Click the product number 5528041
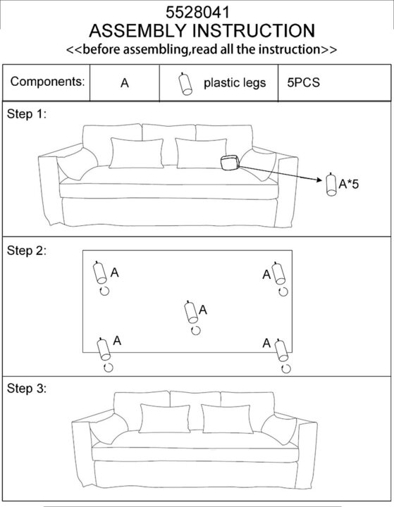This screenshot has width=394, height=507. (197, 13)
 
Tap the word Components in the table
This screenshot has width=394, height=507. (47, 82)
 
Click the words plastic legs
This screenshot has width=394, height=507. (235, 83)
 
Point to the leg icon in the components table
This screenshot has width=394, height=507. (185, 84)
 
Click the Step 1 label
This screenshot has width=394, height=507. (27, 114)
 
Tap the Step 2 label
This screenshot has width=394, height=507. (27, 251)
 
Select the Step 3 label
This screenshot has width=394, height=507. (27, 388)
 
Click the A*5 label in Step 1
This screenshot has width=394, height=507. (349, 184)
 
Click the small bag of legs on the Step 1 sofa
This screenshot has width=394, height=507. (230, 163)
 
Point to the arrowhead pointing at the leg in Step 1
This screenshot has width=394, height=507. (320, 180)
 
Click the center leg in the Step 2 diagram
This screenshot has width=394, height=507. (191, 312)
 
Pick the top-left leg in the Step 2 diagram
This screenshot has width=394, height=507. (99, 273)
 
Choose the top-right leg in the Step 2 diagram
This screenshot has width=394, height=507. (278, 273)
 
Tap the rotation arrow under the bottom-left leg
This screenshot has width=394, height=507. (108, 368)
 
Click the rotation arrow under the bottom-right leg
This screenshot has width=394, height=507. (286, 368)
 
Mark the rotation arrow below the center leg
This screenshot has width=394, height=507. (195, 330)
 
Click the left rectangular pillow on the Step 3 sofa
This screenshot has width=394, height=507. (164, 418)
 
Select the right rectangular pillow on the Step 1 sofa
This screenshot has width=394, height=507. (202, 154)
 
